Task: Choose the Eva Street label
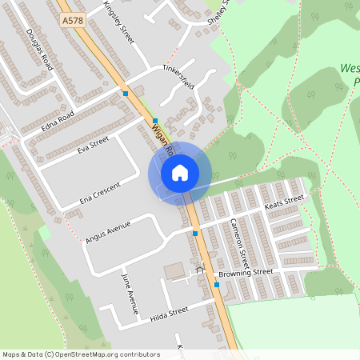coord(92,144)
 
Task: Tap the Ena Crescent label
coord(100,193)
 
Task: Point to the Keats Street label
coord(284,202)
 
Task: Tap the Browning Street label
coord(252,273)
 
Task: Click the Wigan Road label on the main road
coord(162,138)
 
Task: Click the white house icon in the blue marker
coord(180,172)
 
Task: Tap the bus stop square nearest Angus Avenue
coord(196,234)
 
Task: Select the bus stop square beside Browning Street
coord(217,284)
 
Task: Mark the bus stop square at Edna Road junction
coord(126,94)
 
